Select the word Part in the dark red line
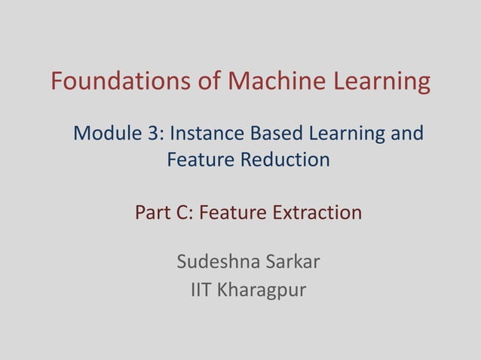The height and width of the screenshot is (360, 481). pyautogui.click(x=152, y=213)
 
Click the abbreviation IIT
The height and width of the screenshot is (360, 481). pyautogui.click(x=201, y=289)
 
